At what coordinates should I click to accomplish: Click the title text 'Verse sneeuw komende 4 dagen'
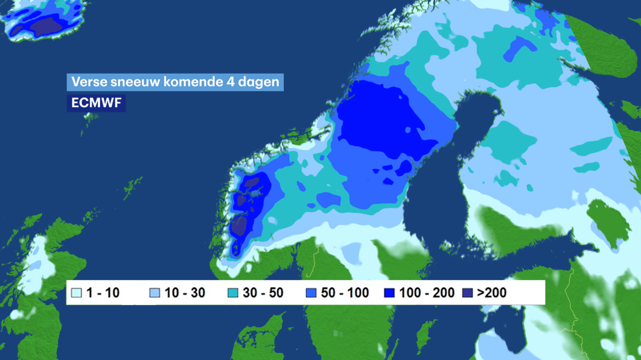[174, 83]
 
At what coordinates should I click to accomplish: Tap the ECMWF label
[96, 102]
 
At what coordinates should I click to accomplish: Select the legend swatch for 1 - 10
[77, 293]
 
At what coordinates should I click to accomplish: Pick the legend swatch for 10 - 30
[154, 293]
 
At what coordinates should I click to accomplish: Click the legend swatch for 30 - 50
[233, 293]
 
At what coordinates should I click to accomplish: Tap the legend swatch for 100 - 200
[389, 293]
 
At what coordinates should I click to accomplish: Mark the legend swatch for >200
[467, 293]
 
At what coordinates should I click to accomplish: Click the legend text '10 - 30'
[185, 293]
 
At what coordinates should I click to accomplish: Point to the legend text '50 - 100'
[345, 293]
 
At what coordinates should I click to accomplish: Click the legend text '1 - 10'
[103, 293]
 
